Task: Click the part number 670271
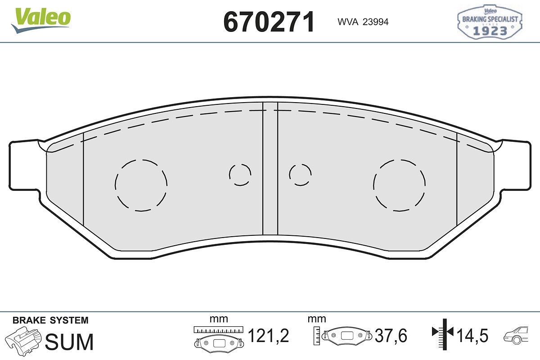tap(269, 22)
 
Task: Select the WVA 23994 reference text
tap(363, 22)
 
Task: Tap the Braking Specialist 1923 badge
tap(490, 22)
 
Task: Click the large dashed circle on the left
tap(115, 185)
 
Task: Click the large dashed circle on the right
tap(373, 185)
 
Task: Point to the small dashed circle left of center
tap(229, 175)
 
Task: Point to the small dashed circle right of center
tap(289, 175)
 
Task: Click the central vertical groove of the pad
tap(270, 168)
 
